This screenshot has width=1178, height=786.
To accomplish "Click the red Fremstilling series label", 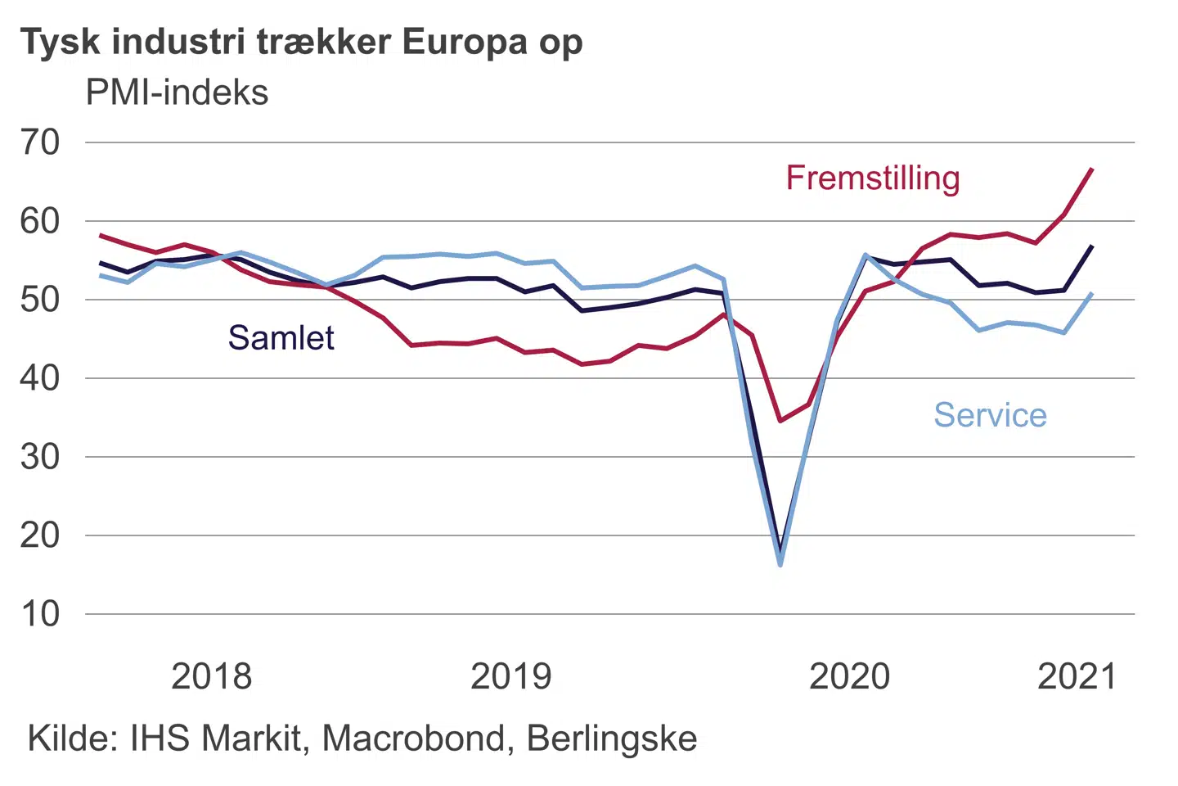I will pos(873,178).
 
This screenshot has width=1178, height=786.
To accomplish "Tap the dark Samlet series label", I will pos(281,337).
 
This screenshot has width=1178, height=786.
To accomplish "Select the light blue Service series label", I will pos(990,415).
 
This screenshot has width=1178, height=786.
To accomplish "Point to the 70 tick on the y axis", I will pos(40,142).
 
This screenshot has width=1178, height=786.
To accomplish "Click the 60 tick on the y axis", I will pos(40,221).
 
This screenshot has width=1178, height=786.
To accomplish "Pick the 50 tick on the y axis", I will pos(40,300).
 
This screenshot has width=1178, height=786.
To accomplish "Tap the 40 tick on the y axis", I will pos(40,378).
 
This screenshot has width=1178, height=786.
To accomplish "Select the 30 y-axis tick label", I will pos(40,457).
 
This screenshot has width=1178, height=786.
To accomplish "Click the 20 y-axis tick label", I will pos(40,535).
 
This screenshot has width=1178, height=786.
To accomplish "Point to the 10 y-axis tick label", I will pos(40,614).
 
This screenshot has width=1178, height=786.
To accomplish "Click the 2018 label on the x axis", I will pos(211,677).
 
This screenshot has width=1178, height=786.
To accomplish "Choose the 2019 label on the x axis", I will pos(510,677).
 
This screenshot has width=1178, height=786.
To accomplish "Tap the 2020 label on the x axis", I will pos(849,677).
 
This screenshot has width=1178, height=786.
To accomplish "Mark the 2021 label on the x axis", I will pos(1077,677).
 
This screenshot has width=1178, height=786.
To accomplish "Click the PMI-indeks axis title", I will pos(177,93).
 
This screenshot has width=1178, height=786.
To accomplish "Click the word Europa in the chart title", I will pos(465,42).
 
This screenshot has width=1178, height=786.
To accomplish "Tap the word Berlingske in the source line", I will pos(612,739).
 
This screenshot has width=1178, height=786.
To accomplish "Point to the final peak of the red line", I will pos(1092,169).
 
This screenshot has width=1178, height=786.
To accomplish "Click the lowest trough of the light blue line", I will pos(780,564).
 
